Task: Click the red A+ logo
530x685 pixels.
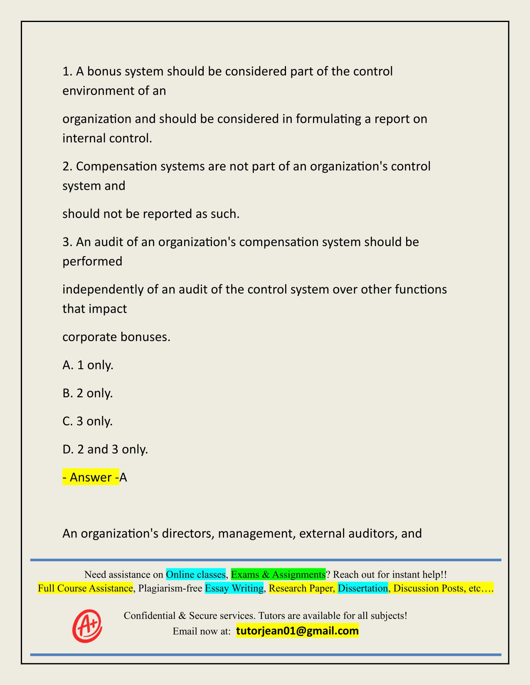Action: pyautogui.click(x=87, y=626)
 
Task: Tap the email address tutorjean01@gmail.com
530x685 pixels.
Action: pyautogui.click(x=297, y=631)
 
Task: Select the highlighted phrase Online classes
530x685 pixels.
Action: pyautogui.click(x=196, y=574)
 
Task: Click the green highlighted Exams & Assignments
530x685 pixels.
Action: pyautogui.click(x=278, y=574)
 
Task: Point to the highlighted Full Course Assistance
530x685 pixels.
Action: pyautogui.click(x=85, y=588)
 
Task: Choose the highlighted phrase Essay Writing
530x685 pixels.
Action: pyautogui.click(x=234, y=588)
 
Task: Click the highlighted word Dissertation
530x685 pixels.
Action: pyautogui.click(x=363, y=588)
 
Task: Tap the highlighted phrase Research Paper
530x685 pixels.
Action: pyautogui.click(x=302, y=588)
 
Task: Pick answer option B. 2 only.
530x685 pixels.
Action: pyautogui.click(x=88, y=393)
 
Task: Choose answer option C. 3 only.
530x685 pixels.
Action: pyautogui.click(x=88, y=421)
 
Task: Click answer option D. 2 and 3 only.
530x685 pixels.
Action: pyautogui.click(x=105, y=449)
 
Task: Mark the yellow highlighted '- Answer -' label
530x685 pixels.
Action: pyautogui.click(x=91, y=477)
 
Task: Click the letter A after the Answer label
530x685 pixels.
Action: pyautogui.click(x=123, y=477)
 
